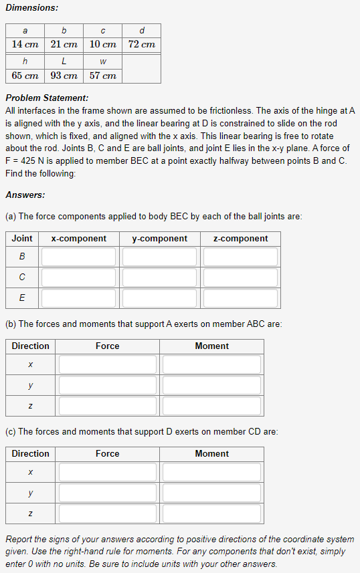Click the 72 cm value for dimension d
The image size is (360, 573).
click(142, 44)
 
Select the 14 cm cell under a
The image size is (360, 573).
click(25, 44)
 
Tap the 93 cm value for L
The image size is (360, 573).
click(64, 76)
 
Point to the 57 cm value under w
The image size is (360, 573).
click(103, 76)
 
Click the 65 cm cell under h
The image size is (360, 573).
click(25, 76)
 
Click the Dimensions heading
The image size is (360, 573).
click(31, 7)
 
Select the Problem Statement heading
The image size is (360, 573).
click(46, 98)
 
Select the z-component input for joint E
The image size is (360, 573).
click(240, 298)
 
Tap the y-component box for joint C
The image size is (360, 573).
click(159, 277)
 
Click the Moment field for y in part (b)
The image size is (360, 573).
click(211, 385)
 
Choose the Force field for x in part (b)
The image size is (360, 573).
click(107, 364)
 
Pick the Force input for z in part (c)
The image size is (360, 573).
click(107, 513)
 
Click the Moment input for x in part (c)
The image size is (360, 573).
click(211, 472)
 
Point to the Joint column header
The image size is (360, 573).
click(22, 239)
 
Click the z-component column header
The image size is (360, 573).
click(240, 239)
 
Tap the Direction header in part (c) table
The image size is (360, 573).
click(31, 454)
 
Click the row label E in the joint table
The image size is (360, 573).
click(22, 298)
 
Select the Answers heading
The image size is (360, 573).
click(25, 195)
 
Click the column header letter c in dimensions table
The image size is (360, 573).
click(103, 30)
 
